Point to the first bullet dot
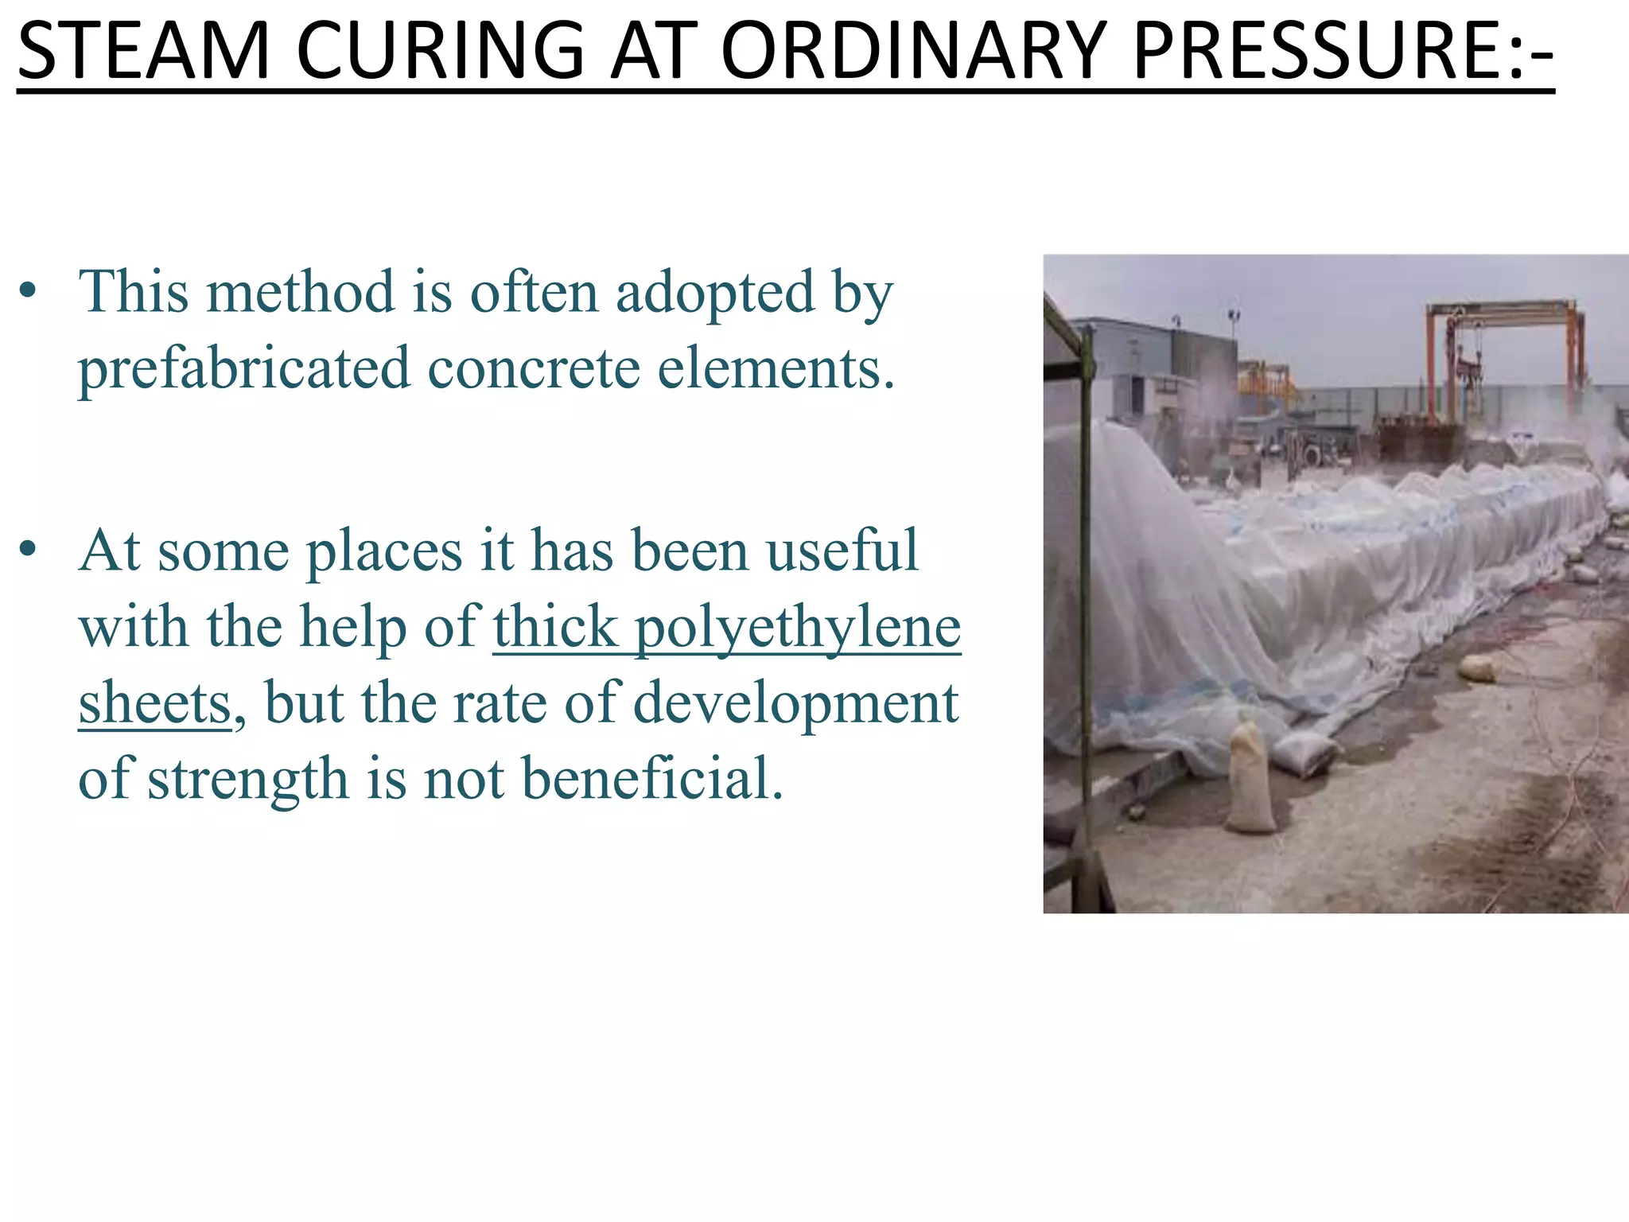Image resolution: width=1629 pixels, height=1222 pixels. coord(29,291)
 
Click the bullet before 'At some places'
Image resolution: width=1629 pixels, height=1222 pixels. coord(29,548)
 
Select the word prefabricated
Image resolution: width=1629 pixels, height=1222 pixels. coord(243,369)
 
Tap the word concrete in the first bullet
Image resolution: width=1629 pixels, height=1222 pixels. coord(534,369)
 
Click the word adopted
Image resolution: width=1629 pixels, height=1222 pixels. coord(716,293)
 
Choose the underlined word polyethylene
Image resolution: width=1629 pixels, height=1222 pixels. coord(798,627)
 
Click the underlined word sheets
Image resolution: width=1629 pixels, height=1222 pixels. coord(154,703)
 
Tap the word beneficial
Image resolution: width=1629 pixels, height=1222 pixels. coord(652,778)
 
